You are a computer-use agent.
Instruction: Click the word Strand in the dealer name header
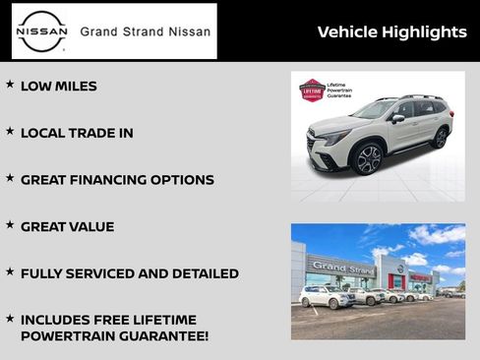point(148,31)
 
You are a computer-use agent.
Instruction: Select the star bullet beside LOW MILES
point(10,85)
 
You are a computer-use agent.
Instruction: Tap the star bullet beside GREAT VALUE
point(10,225)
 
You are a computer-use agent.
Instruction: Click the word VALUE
point(91,227)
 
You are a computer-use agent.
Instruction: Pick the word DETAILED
point(202,273)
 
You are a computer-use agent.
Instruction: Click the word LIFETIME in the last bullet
point(163,320)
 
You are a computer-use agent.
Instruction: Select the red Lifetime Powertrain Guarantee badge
point(312,90)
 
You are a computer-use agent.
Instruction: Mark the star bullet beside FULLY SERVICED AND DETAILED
point(10,271)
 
